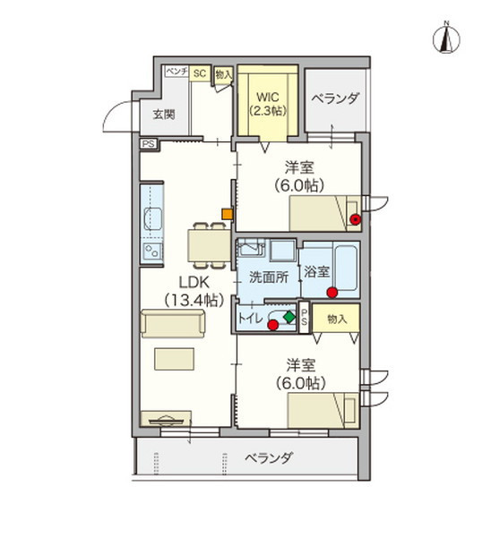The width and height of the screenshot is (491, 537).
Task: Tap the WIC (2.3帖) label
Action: point(267,104)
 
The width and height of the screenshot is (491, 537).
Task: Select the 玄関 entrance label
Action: point(163,114)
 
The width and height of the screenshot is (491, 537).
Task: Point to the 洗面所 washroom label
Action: point(268,277)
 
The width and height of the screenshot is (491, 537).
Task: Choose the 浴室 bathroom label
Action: point(315,271)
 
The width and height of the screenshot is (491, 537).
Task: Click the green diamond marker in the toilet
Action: point(289,316)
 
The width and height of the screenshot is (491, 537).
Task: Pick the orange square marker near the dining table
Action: point(228,214)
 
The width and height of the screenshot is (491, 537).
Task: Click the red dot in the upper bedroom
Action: point(356,218)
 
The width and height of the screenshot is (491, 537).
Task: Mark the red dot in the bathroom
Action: point(332,292)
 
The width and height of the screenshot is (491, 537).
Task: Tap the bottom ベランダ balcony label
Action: point(270,458)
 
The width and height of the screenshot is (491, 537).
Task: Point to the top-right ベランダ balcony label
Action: point(335,98)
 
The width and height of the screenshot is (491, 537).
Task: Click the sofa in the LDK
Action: point(171,326)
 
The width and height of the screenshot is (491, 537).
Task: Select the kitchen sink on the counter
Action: point(152,217)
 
